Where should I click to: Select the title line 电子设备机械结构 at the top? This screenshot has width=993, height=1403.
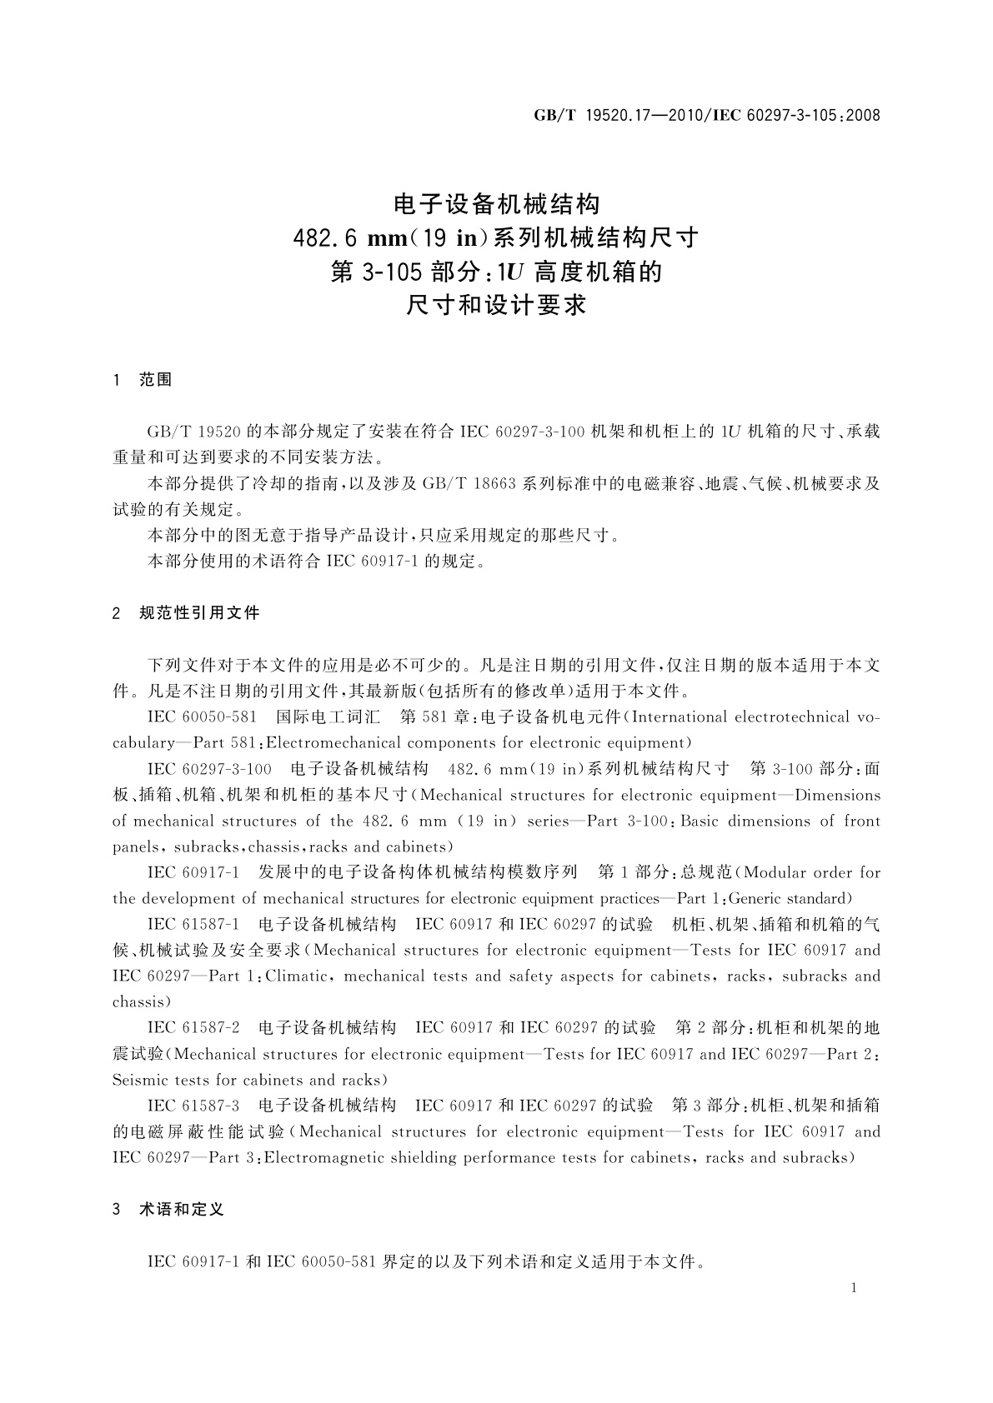coord(496,204)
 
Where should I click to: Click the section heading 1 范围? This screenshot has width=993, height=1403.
coord(142,380)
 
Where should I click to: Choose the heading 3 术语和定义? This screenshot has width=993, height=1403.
coord(168,1209)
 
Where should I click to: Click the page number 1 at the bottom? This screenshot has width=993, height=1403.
coord(853,1288)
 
